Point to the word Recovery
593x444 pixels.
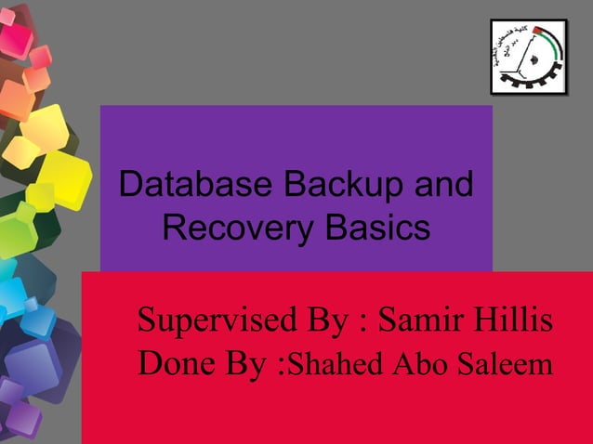point(233,226)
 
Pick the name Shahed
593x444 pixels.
point(332,364)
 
